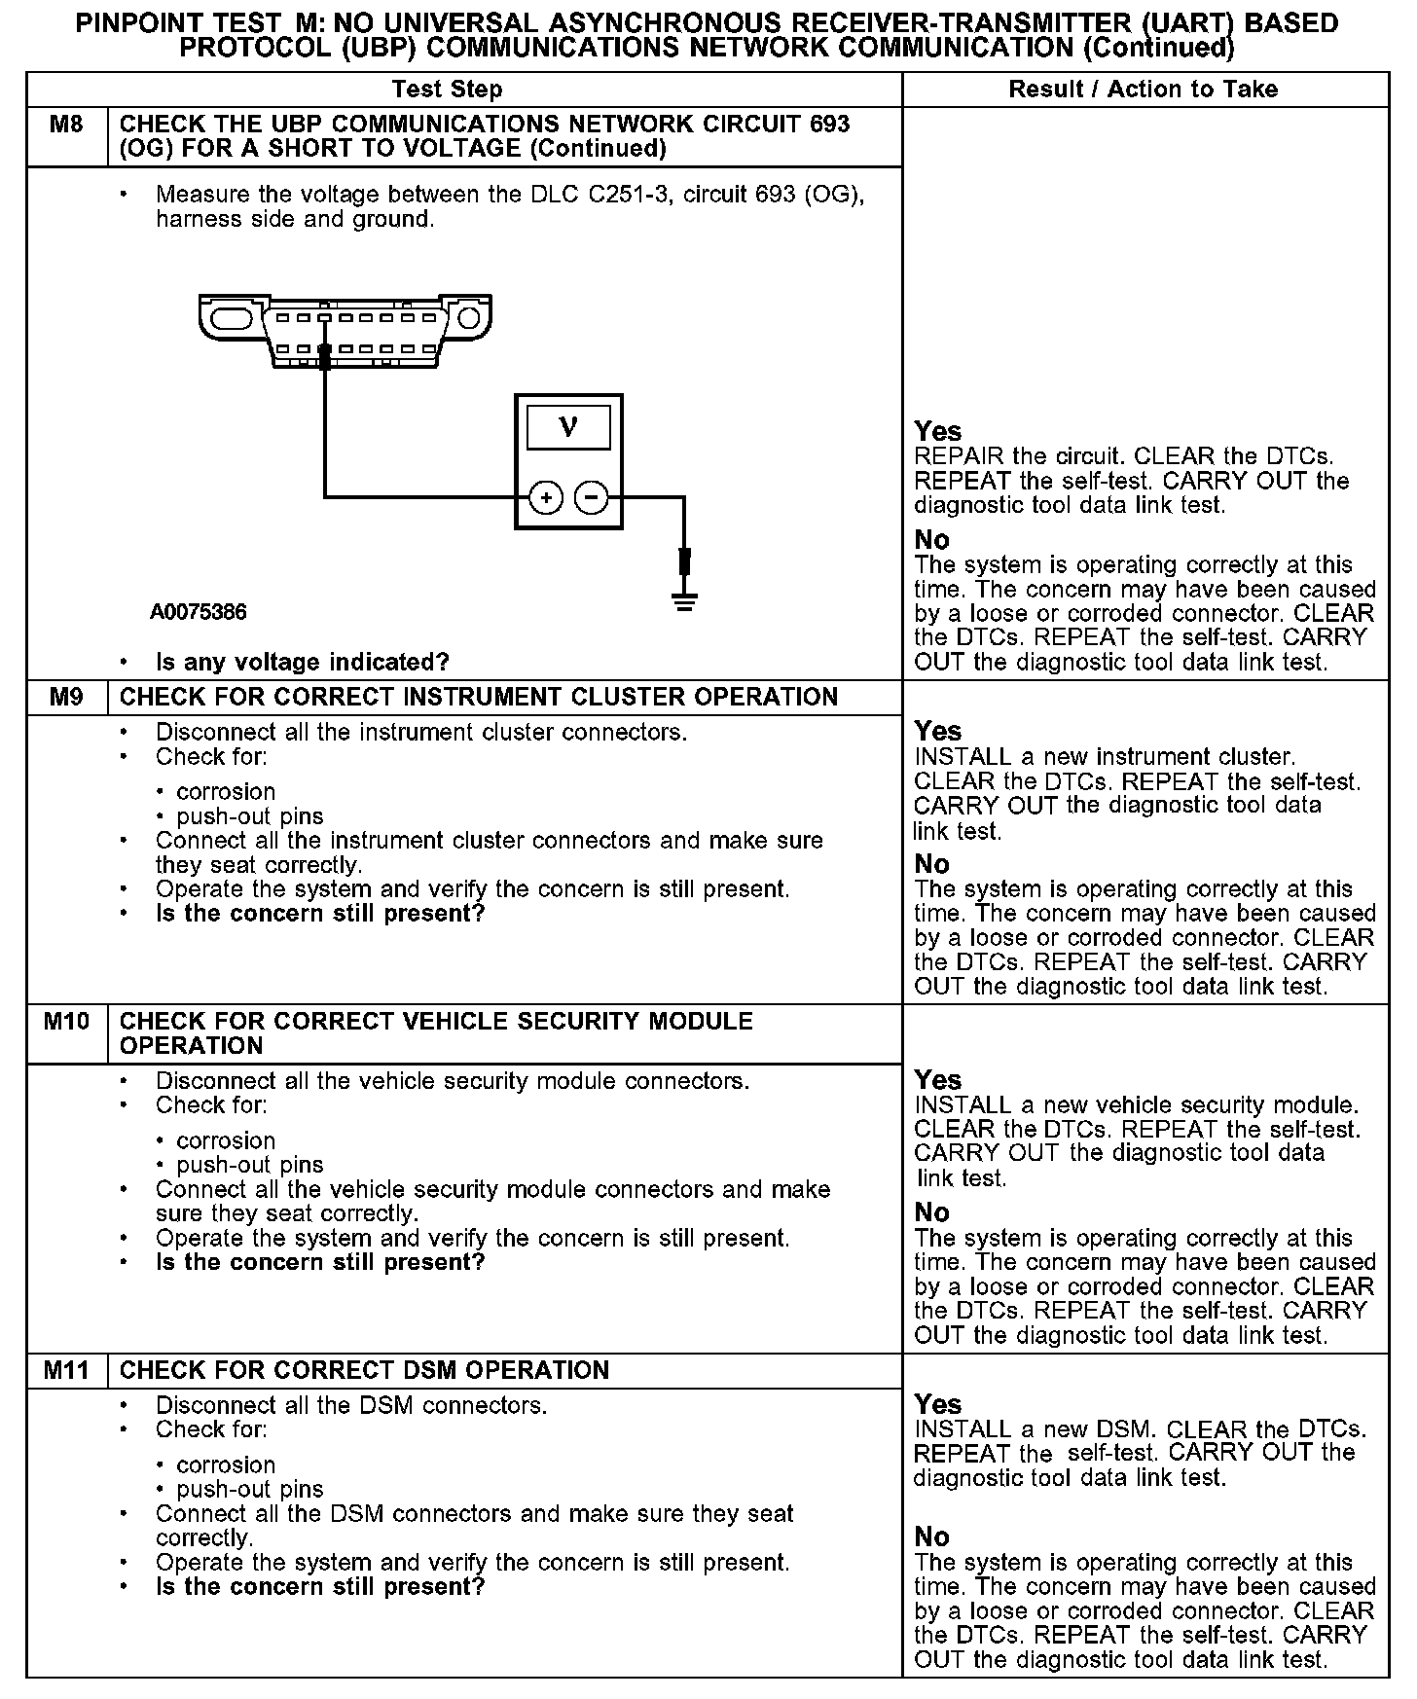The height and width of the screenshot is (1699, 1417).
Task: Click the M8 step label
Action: tap(66, 125)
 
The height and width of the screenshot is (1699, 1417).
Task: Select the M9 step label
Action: tap(66, 697)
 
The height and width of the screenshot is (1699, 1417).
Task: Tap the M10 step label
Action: tap(66, 1022)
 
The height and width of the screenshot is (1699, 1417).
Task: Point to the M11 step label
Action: tap(66, 1370)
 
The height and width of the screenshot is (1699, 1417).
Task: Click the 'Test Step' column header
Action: tap(447, 90)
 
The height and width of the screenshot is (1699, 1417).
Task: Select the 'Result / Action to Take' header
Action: tap(1143, 90)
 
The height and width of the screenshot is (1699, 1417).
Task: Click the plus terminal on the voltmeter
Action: tap(546, 498)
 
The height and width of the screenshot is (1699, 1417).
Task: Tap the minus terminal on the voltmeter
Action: tap(591, 498)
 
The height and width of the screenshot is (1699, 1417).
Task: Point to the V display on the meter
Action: tap(568, 427)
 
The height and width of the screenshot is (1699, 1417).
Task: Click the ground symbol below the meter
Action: tap(685, 600)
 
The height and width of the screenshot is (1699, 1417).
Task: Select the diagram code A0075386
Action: tap(199, 612)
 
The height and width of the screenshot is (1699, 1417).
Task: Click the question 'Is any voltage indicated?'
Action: tap(303, 663)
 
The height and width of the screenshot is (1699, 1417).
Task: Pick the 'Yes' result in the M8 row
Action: tap(937, 431)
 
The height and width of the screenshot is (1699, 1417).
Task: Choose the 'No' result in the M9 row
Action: tap(931, 864)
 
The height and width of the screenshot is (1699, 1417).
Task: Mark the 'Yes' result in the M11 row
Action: tap(937, 1404)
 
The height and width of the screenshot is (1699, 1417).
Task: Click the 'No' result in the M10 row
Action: tap(931, 1212)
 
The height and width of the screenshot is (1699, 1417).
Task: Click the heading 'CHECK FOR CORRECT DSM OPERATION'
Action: tap(364, 1370)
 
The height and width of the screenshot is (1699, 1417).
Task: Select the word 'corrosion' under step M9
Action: tap(226, 792)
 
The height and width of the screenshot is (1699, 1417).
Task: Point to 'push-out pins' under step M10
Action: tap(250, 1165)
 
